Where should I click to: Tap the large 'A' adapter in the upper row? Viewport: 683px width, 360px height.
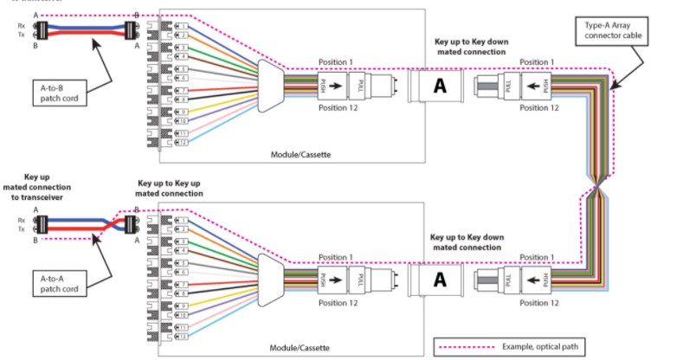(x=439, y=86)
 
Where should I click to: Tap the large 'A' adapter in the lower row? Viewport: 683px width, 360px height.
(x=439, y=279)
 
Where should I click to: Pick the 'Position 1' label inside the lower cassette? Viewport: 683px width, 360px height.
(x=336, y=257)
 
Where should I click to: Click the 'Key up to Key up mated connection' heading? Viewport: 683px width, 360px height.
(x=170, y=189)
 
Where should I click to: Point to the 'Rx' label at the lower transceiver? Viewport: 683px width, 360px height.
(x=22, y=220)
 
